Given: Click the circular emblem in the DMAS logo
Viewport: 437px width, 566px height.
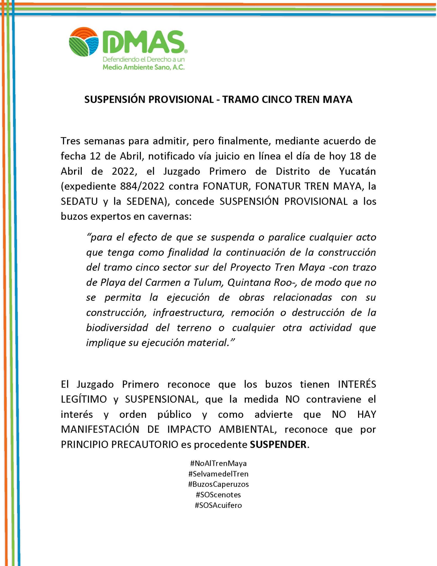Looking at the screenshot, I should tap(84, 42).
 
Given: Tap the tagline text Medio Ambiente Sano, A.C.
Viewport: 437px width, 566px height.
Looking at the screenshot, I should tap(143, 67).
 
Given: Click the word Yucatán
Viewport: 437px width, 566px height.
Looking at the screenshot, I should tap(357, 172).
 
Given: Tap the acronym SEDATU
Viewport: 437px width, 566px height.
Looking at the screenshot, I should tap(79, 201).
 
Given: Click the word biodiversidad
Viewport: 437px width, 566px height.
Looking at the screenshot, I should tap(117, 327).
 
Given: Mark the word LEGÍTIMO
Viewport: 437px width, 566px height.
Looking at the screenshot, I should tap(84, 399).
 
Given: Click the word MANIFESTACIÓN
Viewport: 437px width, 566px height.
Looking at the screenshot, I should tap(100, 429).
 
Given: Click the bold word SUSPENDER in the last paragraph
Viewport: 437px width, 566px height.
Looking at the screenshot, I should tap(278, 444).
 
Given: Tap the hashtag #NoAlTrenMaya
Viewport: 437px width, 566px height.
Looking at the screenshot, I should tap(218, 463).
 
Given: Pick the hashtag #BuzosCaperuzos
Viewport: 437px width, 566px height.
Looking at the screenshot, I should tap(218, 484).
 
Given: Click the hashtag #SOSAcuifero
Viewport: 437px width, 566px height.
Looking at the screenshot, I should tap(218, 505).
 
